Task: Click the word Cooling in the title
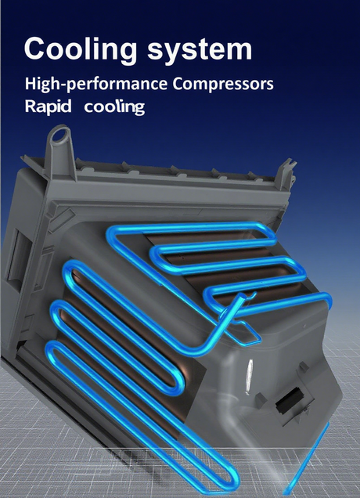click(81, 49)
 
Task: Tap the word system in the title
click(200, 50)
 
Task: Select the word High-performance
click(96, 85)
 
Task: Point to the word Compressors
click(223, 84)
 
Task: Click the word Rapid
click(49, 106)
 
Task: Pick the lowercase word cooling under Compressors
click(114, 107)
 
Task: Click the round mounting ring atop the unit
click(60, 135)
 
